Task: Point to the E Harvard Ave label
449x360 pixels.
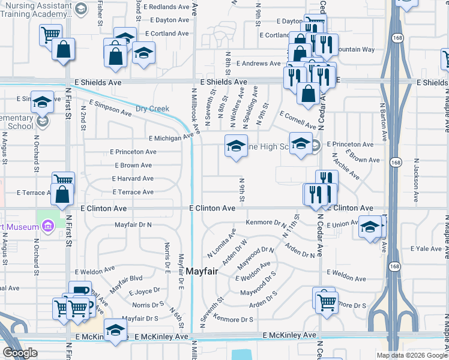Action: (x=133, y=179)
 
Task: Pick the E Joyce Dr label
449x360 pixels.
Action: (x=143, y=292)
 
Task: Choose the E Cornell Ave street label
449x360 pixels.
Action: (x=297, y=119)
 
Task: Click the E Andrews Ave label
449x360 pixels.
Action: (x=258, y=63)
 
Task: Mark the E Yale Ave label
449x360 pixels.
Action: (x=426, y=248)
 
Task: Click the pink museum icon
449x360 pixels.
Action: (x=48, y=226)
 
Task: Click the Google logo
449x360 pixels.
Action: (x=20, y=352)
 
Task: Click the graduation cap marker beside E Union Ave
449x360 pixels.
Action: (x=370, y=227)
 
